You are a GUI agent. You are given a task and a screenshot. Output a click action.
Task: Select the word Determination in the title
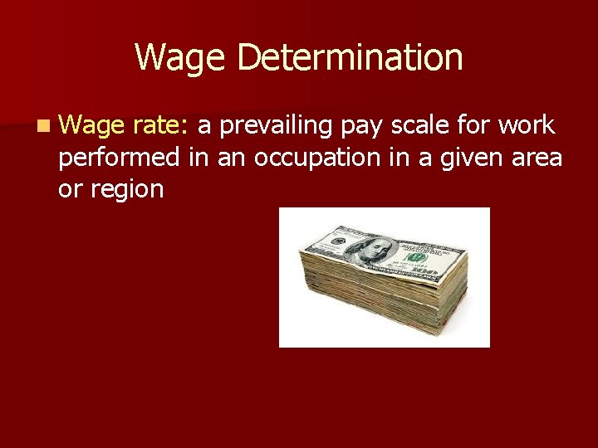click(x=350, y=58)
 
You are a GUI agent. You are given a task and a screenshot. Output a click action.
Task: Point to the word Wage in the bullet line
click(x=91, y=126)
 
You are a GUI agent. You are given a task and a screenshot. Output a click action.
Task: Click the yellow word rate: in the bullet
click(x=160, y=126)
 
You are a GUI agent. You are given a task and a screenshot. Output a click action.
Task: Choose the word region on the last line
click(x=127, y=189)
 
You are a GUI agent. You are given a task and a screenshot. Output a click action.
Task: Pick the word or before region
click(x=70, y=189)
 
